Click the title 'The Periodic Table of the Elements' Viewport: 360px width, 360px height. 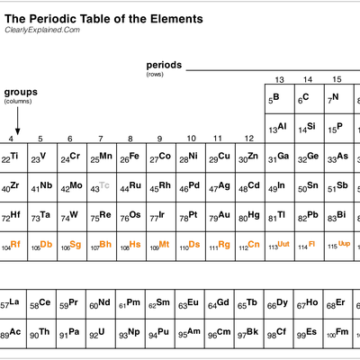(103, 19)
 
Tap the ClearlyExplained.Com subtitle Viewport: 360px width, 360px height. (42, 30)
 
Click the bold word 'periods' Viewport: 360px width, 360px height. (164, 65)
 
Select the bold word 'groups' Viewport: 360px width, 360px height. (21, 92)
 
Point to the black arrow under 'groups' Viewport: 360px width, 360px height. (18, 121)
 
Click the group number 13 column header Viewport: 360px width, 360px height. (279, 80)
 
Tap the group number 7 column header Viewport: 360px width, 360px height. (101, 139)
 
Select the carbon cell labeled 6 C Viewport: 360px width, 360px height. (310, 99)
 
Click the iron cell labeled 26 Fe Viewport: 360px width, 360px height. (131, 157)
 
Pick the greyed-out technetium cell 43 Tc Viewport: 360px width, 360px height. (102, 187)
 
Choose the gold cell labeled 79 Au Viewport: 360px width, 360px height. (220, 216)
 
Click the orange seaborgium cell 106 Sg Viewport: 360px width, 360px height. (72, 246)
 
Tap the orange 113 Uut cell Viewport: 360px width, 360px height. (280, 246)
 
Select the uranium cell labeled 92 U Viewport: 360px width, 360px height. (101, 333)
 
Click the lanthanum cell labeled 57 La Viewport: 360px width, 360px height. (13, 304)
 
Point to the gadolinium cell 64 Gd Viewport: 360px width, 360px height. (220, 304)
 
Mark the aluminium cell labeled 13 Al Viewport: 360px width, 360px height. (280, 128)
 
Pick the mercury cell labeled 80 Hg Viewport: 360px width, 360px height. (250, 216)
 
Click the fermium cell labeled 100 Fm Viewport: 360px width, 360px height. (338, 333)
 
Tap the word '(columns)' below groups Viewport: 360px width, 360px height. (18, 102)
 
